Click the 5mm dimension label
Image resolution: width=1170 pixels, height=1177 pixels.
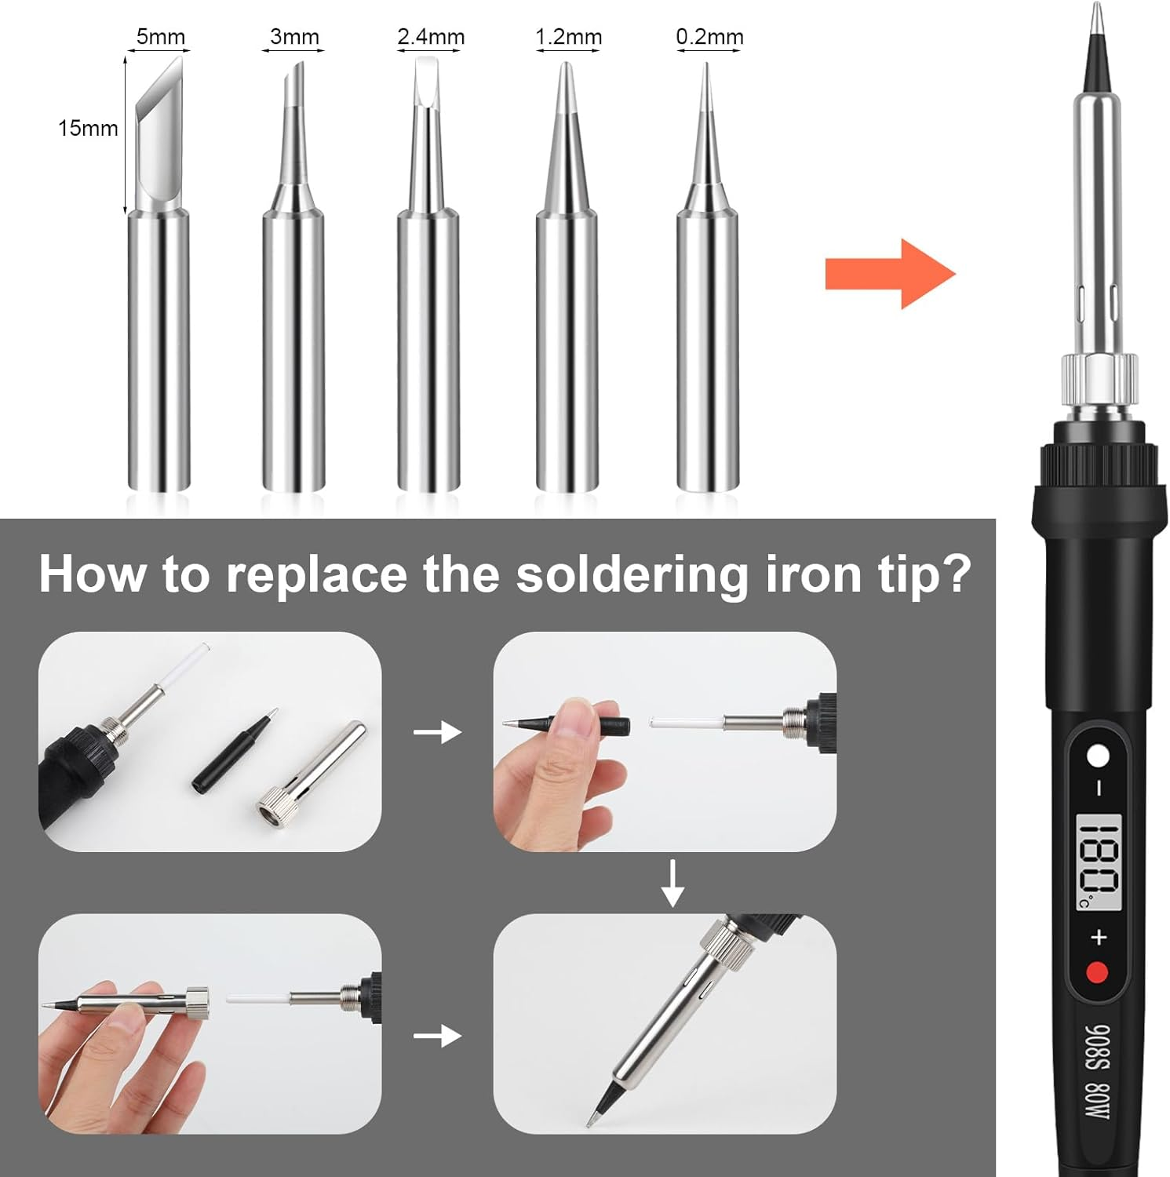pyautogui.click(x=160, y=36)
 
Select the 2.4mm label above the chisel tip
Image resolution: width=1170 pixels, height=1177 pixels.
pyautogui.click(x=430, y=36)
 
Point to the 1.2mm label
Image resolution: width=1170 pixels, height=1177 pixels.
pyautogui.click(x=568, y=36)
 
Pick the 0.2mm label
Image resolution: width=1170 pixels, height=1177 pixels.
pyautogui.click(x=709, y=36)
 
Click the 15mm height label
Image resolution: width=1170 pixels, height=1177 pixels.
pyautogui.click(x=88, y=128)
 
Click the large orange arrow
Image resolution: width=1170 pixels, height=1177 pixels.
pyautogui.click(x=890, y=274)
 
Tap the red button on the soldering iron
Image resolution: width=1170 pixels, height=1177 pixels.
pyautogui.click(x=1097, y=973)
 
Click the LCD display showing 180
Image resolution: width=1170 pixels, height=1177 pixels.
pyautogui.click(x=1098, y=862)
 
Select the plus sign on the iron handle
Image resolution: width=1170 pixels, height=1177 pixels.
pyautogui.click(x=1098, y=936)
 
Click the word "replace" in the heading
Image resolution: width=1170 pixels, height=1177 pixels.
pyautogui.click(x=316, y=574)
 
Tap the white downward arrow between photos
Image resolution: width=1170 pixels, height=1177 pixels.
pyautogui.click(x=672, y=883)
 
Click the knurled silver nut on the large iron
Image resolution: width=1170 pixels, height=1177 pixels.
pyautogui.click(x=1099, y=381)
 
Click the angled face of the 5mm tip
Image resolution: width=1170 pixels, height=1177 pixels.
pyautogui.click(x=161, y=90)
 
